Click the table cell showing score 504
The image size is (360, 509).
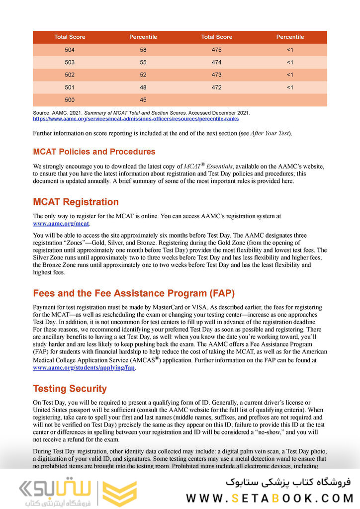coord(70,50)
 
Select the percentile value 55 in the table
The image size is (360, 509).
coord(143,62)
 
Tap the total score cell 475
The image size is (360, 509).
coord(216,50)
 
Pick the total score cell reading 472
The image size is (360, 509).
coord(216,87)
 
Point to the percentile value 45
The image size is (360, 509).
coord(143,100)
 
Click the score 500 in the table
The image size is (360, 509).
coord(70,100)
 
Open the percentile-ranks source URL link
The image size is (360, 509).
coord(135,119)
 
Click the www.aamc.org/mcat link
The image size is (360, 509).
coord(61,224)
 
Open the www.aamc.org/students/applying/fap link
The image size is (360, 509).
coord(84,368)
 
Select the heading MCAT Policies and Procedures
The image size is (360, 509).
coord(94,152)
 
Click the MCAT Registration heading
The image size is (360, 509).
coord(76,202)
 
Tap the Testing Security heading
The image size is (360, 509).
coord(70,388)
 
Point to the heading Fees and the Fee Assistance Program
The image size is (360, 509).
coord(134,293)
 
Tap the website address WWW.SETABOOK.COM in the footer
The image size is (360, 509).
coord(269,498)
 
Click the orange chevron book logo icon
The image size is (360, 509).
coord(119,494)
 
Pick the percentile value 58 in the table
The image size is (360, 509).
coord(143,50)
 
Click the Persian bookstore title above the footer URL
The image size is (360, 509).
coord(288,481)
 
